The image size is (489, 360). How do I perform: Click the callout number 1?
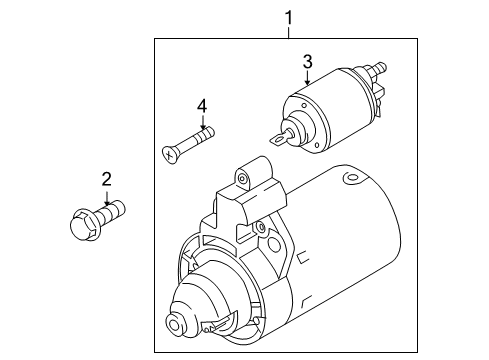pyautogui.click(x=289, y=18)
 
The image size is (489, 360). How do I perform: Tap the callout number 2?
pyautogui.click(x=106, y=179)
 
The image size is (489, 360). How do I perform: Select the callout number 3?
pyautogui.click(x=308, y=62)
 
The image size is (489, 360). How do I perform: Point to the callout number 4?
pyautogui.click(x=202, y=107)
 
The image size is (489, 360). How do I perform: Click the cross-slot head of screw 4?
pyautogui.click(x=170, y=155)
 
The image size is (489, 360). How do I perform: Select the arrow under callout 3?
pyautogui.click(x=307, y=77)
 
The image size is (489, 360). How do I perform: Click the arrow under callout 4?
pyautogui.click(x=202, y=122)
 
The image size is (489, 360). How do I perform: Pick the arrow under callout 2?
pyautogui.click(x=107, y=198)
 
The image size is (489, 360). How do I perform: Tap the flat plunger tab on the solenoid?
pyautogui.click(x=277, y=139)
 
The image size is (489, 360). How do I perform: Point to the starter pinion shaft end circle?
pyautogui.click(x=175, y=324)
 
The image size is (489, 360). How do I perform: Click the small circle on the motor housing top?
pyautogui.click(x=350, y=177)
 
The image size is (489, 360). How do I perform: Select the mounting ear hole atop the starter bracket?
pyautogui.click(x=242, y=179)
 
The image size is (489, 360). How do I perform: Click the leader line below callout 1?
pyautogui.click(x=289, y=33)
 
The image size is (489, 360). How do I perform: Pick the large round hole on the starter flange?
pyautogui.click(x=274, y=245)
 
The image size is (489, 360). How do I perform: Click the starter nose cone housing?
pyautogui.click(x=207, y=300)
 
